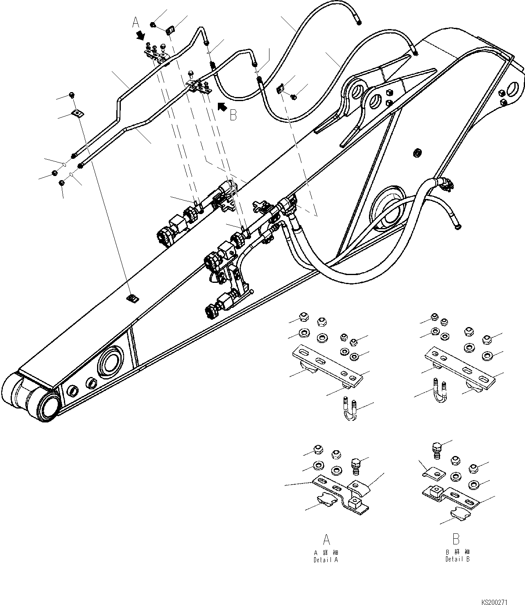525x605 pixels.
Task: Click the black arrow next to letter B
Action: [222, 107]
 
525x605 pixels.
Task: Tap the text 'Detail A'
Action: [326, 560]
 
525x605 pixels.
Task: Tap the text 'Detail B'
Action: [457, 559]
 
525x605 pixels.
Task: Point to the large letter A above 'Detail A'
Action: [326, 539]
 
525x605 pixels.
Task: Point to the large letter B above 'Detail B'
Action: [457, 539]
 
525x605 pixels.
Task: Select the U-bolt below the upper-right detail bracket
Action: [440, 389]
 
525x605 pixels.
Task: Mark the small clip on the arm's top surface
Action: [132, 299]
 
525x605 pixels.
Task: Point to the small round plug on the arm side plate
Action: [417, 153]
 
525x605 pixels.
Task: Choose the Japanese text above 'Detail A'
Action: [326, 552]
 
